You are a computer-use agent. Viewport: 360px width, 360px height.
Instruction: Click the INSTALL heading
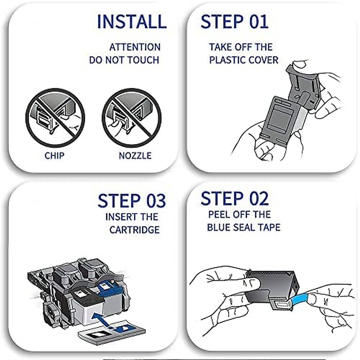(132, 22)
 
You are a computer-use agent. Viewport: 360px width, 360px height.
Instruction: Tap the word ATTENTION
(135, 47)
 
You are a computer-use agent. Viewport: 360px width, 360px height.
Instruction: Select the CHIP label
(54, 156)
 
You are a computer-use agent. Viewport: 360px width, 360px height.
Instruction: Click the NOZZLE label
(135, 156)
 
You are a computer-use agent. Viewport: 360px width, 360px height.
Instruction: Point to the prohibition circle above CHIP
(55, 118)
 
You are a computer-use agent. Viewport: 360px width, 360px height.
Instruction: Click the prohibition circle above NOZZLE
(132, 118)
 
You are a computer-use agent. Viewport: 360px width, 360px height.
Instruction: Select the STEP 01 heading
(234, 22)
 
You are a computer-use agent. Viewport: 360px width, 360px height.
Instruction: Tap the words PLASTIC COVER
(244, 60)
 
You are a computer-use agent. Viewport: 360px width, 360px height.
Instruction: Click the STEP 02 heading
(235, 199)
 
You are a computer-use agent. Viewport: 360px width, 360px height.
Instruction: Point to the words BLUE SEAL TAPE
(244, 227)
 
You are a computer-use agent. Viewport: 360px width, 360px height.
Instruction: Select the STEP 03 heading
(132, 201)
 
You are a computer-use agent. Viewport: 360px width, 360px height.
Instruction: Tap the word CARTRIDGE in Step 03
(134, 230)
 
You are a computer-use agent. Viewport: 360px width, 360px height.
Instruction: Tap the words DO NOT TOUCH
(124, 60)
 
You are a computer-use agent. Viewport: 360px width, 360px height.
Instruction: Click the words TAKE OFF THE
(241, 47)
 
